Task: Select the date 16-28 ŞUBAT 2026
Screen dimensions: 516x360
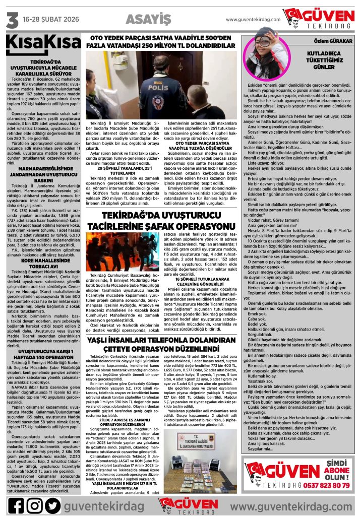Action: pyautogui.click(x=52, y=20)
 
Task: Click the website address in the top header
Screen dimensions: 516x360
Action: pyautogui.click(x=252, y=20)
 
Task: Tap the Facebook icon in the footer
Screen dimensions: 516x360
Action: pyautogui.click(x=16, y=504)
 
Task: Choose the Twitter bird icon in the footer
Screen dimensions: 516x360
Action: pyautogui.click(x=52, y=504)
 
